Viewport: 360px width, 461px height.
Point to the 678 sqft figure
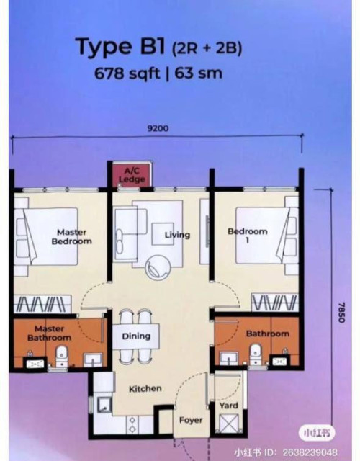pos(127,73)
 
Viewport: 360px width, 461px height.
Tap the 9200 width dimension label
pos(158,128)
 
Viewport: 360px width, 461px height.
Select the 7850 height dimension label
pos(341,312)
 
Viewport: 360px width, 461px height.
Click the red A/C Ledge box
pos(132,174)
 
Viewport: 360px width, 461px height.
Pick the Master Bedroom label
pos(72,237)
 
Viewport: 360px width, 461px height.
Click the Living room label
pos(177,235)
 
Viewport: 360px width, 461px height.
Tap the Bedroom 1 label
pos(248,236)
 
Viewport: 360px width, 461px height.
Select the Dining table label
pos(136,336)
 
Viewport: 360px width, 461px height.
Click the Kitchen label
pos(145,389)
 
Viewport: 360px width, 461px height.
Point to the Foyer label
pos(191,420)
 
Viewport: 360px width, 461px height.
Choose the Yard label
pos(228,406)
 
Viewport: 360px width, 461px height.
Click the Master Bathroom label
pos(50,333)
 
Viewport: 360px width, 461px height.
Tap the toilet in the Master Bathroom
pos(61,356)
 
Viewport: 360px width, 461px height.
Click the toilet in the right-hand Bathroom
pos(256,354)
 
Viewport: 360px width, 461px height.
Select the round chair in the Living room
pos(157,267)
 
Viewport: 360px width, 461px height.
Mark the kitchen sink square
pos(104,406)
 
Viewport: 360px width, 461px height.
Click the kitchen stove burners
pos(132,424)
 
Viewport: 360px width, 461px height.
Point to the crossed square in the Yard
pos(229,423)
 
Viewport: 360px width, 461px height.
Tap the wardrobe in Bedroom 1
pos(275,303)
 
